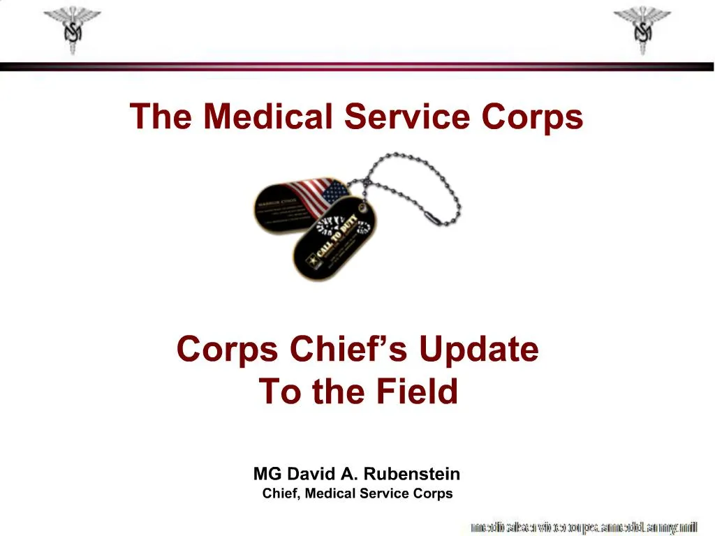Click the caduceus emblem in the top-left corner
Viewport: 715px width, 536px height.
[72, 29]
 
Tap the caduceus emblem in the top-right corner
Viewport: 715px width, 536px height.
[642, 29]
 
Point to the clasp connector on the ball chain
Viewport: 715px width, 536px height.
[431, 218]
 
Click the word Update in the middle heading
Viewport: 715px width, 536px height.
[478, 349]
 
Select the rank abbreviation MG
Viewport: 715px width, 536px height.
[267, 475]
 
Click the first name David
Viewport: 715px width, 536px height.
[311, 475]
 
